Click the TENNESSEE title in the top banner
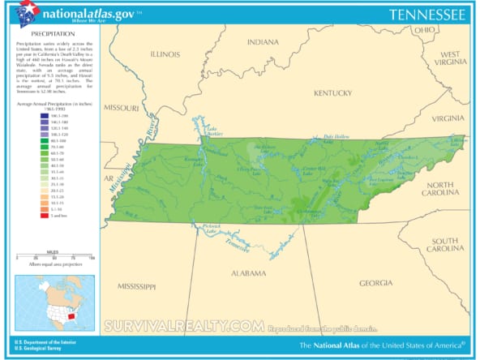(x=426, y=15)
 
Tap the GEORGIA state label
(x=375, y=282)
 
